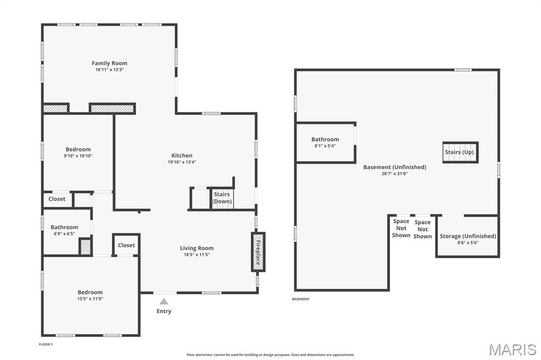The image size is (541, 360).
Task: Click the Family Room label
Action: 109,63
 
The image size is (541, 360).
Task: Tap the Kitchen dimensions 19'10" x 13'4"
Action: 182,162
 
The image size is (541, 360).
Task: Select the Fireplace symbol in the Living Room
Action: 258,252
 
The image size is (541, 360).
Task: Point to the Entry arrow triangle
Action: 164,301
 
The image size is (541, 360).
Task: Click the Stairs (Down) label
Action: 222,198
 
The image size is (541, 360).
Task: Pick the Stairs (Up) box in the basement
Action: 460,152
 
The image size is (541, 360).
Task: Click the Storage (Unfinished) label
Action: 468,236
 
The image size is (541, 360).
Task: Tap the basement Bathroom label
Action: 325,139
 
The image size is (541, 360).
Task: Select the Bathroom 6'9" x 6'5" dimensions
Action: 64,234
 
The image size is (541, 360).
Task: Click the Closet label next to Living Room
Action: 126,245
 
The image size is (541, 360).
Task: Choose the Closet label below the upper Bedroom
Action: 57,199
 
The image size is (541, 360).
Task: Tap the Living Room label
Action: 197,248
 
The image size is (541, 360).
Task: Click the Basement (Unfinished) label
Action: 394,167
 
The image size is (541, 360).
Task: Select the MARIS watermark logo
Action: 512,349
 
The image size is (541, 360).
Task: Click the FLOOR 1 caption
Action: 46,344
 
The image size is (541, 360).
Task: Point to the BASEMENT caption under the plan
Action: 301,299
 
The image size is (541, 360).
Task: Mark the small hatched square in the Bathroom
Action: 85,247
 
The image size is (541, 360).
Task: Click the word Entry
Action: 164,311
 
